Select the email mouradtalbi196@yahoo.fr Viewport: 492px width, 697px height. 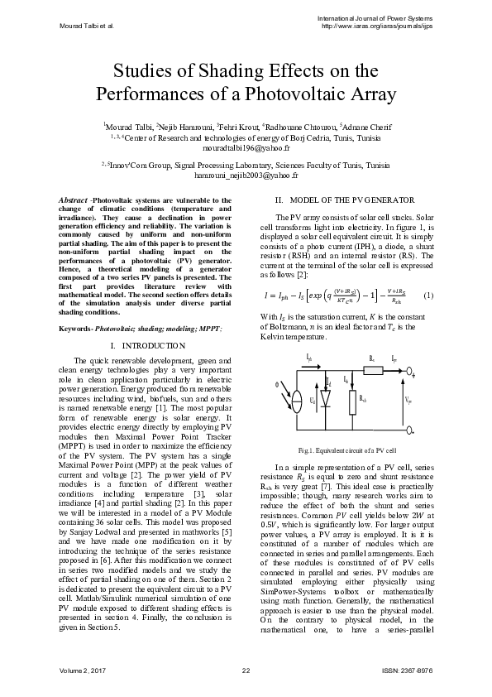click(247, 146)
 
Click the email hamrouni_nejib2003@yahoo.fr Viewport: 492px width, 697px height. click(246, 176)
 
